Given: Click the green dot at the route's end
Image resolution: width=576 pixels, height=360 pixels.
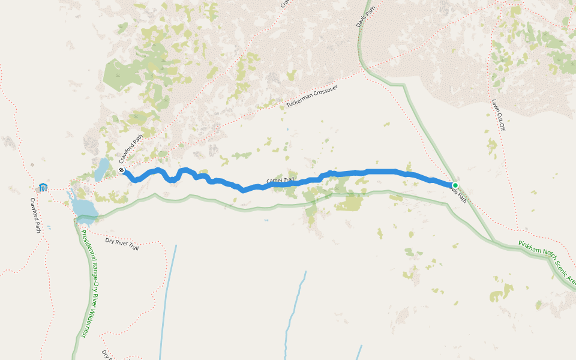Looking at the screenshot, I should click(x=455, y=185).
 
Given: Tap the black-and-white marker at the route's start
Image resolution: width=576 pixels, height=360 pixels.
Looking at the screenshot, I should click(x=122, y=171).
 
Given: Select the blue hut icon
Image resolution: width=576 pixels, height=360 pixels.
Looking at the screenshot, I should click(x=43, y=188).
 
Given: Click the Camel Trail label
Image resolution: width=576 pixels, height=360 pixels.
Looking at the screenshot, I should click(x=281, y=180).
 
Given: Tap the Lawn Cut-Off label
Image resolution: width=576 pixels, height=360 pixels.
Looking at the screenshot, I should click(x=497, y=115).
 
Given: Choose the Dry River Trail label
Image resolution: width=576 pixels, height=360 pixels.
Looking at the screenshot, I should click(x=122, y=243).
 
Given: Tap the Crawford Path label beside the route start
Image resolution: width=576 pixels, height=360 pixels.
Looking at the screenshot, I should click(x=131, y=148).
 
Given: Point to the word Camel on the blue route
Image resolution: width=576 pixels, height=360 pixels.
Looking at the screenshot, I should click(x=274, y=181).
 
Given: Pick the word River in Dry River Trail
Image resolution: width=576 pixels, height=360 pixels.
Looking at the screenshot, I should click(x=120, y=242).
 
